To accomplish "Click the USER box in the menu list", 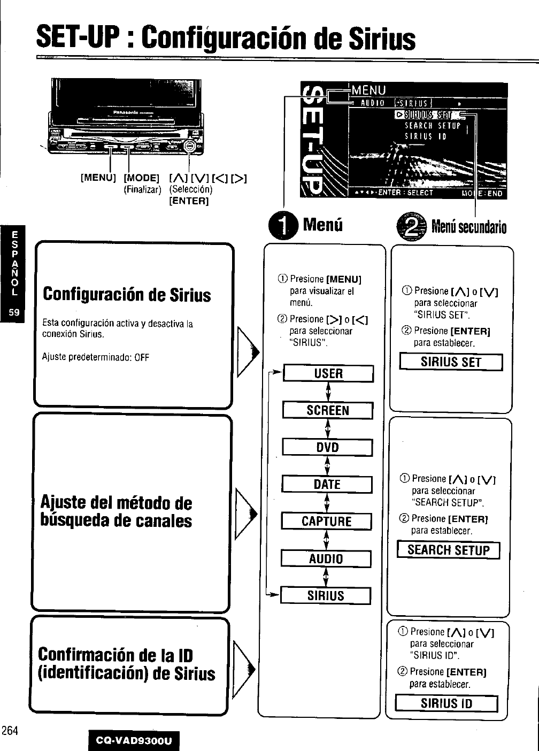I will pyautogui.click(x=328, y=373).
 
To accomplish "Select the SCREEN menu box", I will pyautogui.click(x=328, y=410).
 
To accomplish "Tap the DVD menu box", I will pyautogui.click(x=327, y=447).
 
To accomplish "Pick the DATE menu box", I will pyautogui.click(x=327, y=484).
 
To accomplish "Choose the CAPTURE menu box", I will pyautogui.click(x=327, y=521).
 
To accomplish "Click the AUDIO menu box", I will pyautogui.click(x=326, y=558).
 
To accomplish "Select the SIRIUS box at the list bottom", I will pyautogui.click(x=326, y=595).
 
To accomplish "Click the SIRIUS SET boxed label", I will pyautogui.click(x=451, y=362).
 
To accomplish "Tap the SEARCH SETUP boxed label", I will pyautogui.click(x=448, y=550).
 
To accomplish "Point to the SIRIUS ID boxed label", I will pyautogui.click(x=446, y=703).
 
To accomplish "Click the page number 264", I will pyautogui.click(x=10, y=731).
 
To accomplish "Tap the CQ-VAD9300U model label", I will pyautogui.click(x=134, y=741).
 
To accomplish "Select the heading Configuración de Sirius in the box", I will pyautogui.click(x=127, y=295).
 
